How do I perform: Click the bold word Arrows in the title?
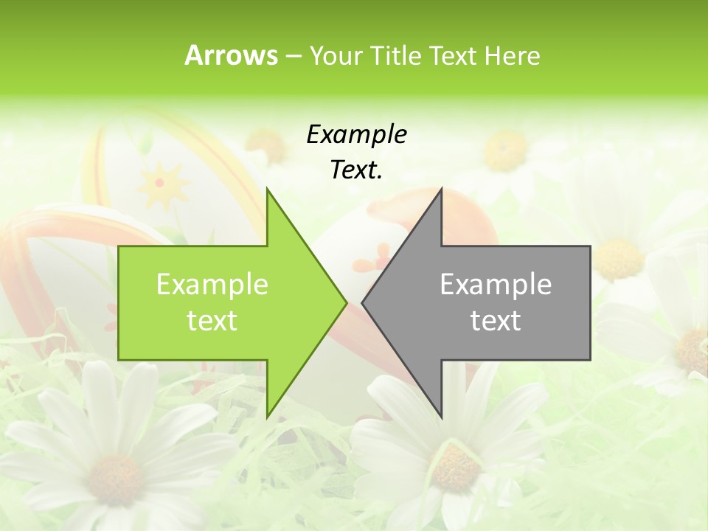click(x=231, y=55)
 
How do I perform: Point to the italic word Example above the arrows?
click(x=356, y=135)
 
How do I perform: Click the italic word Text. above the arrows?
click(x=356, y=170)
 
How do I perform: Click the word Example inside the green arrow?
click(x=212, y=285)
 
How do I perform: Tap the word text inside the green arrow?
click(x=212, y=321)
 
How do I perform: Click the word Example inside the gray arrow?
click(x=496, y=285)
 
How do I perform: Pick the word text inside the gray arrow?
click(x=496, y=321)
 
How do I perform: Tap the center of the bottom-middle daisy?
click(x=454, y=468)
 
